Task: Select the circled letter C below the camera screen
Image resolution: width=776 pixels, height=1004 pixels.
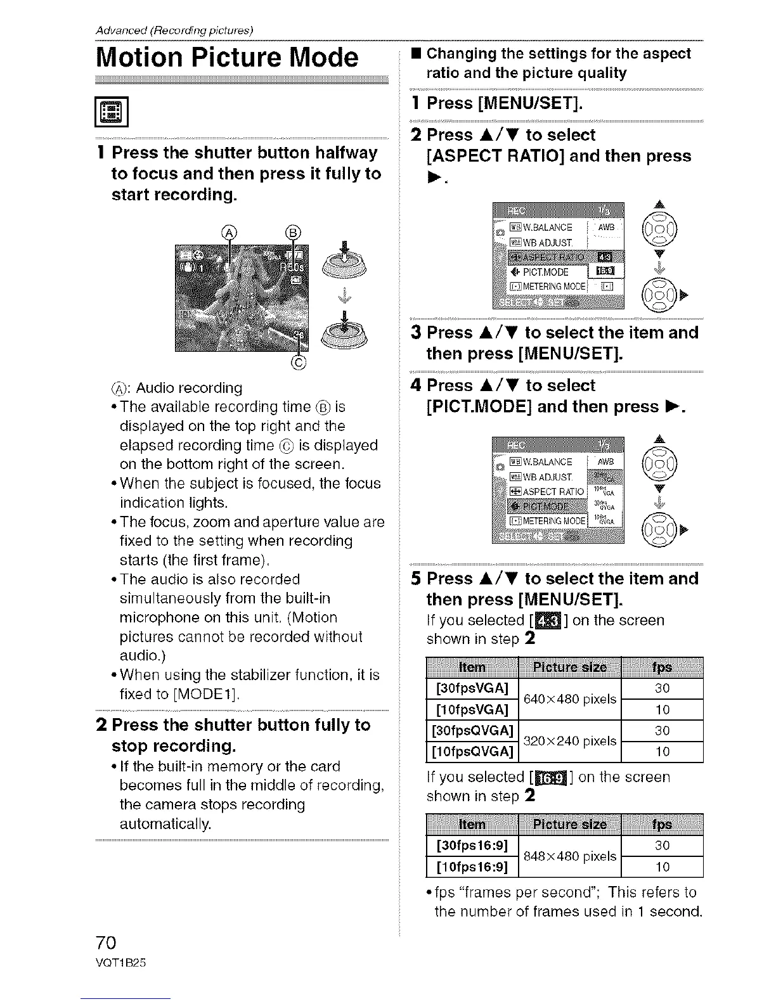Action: pos(299,363)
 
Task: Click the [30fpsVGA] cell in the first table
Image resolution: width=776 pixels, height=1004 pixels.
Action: pos(472,688)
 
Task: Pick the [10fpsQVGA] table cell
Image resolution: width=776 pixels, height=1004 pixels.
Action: pos(472,752)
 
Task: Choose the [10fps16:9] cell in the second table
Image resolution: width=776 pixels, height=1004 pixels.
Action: pos(472,866)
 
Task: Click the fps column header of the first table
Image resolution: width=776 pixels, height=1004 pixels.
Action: pos(662,667)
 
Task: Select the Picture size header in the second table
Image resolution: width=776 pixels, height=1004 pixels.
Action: pos(570,825)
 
